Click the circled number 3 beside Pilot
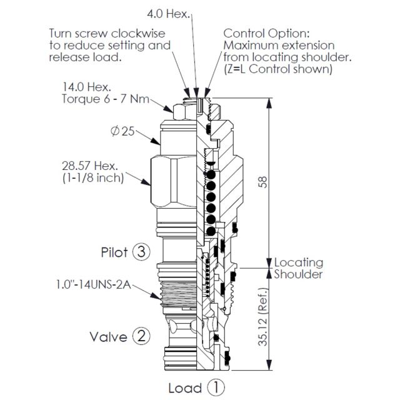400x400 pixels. [x=141, y=252]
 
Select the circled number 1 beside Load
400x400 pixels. [x=216, y=387]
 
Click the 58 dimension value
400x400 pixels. [x=263, y=181]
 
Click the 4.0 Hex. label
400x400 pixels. [x=168, y=12]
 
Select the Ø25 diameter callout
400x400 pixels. [x=124, y=132]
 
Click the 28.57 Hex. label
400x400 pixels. [x=91, y=166]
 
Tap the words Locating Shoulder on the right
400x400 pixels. [x=299, y=268]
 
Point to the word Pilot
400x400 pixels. [x=114, y=252]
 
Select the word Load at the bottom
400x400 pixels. [x=185, y=387]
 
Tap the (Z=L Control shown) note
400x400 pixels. [x=277, y=69]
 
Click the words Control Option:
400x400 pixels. [x=266, y=33]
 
